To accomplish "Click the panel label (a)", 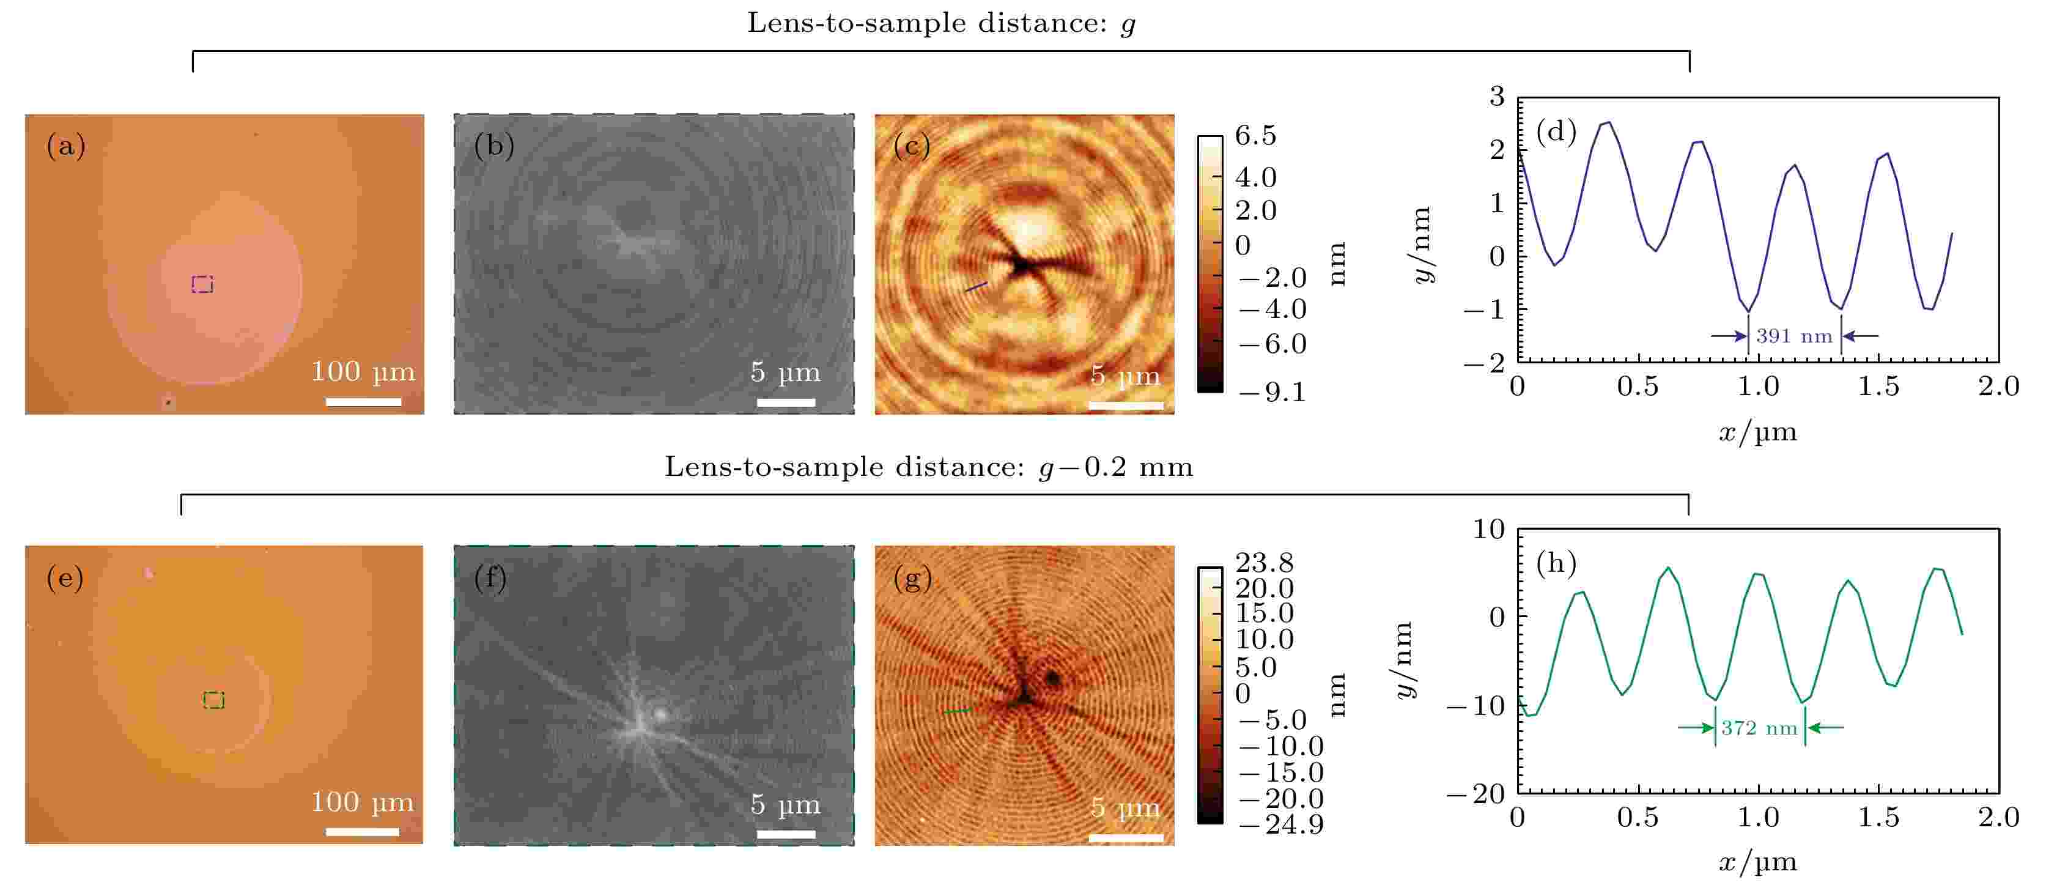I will [x=65, y=146].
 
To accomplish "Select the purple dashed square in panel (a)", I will [x=202, y=284].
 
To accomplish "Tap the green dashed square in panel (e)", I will [x=213, y=700].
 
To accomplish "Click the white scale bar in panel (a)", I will [x=363, y=402].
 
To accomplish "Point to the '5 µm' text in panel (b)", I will [x=785, y=372].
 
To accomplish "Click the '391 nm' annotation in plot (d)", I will [x=1793, y=336].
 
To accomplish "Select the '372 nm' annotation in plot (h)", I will [x=1759, y=728].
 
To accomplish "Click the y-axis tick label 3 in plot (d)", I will [x=1497, y=97].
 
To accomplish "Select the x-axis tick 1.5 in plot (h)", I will [x=1878, y=816].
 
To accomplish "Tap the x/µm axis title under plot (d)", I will [x=1757, y=433].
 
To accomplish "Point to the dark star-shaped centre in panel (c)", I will [x=1020, y=265].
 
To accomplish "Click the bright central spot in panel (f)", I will [x=659, y=713].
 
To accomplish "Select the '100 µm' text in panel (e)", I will [x=362, y=802].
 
